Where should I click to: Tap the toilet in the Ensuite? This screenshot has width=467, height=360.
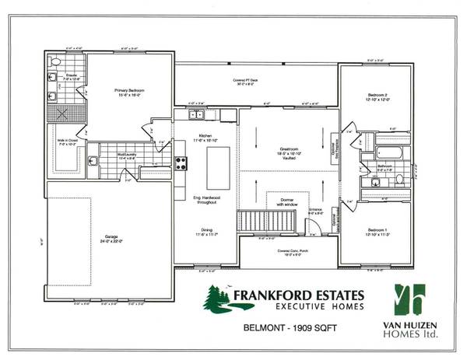(x=55, y=61)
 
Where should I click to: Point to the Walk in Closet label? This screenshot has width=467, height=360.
(x=65, y=142)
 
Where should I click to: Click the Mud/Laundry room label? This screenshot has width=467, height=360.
(x=107, y=156)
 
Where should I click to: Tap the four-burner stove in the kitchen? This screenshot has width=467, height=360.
(x=181, y=163)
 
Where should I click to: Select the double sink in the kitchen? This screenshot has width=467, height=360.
(x=200, y=117)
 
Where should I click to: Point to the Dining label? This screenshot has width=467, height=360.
(x=207, y=231)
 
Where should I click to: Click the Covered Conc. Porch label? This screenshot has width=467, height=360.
(x=289, y=252)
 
